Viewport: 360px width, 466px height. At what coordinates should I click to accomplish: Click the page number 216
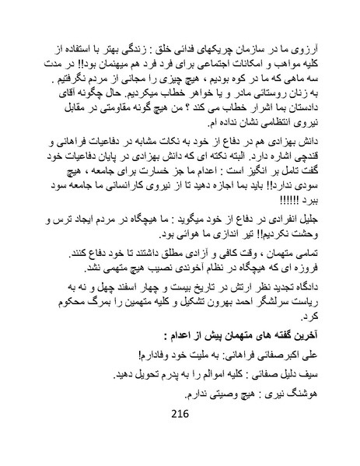tap(180, 435)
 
